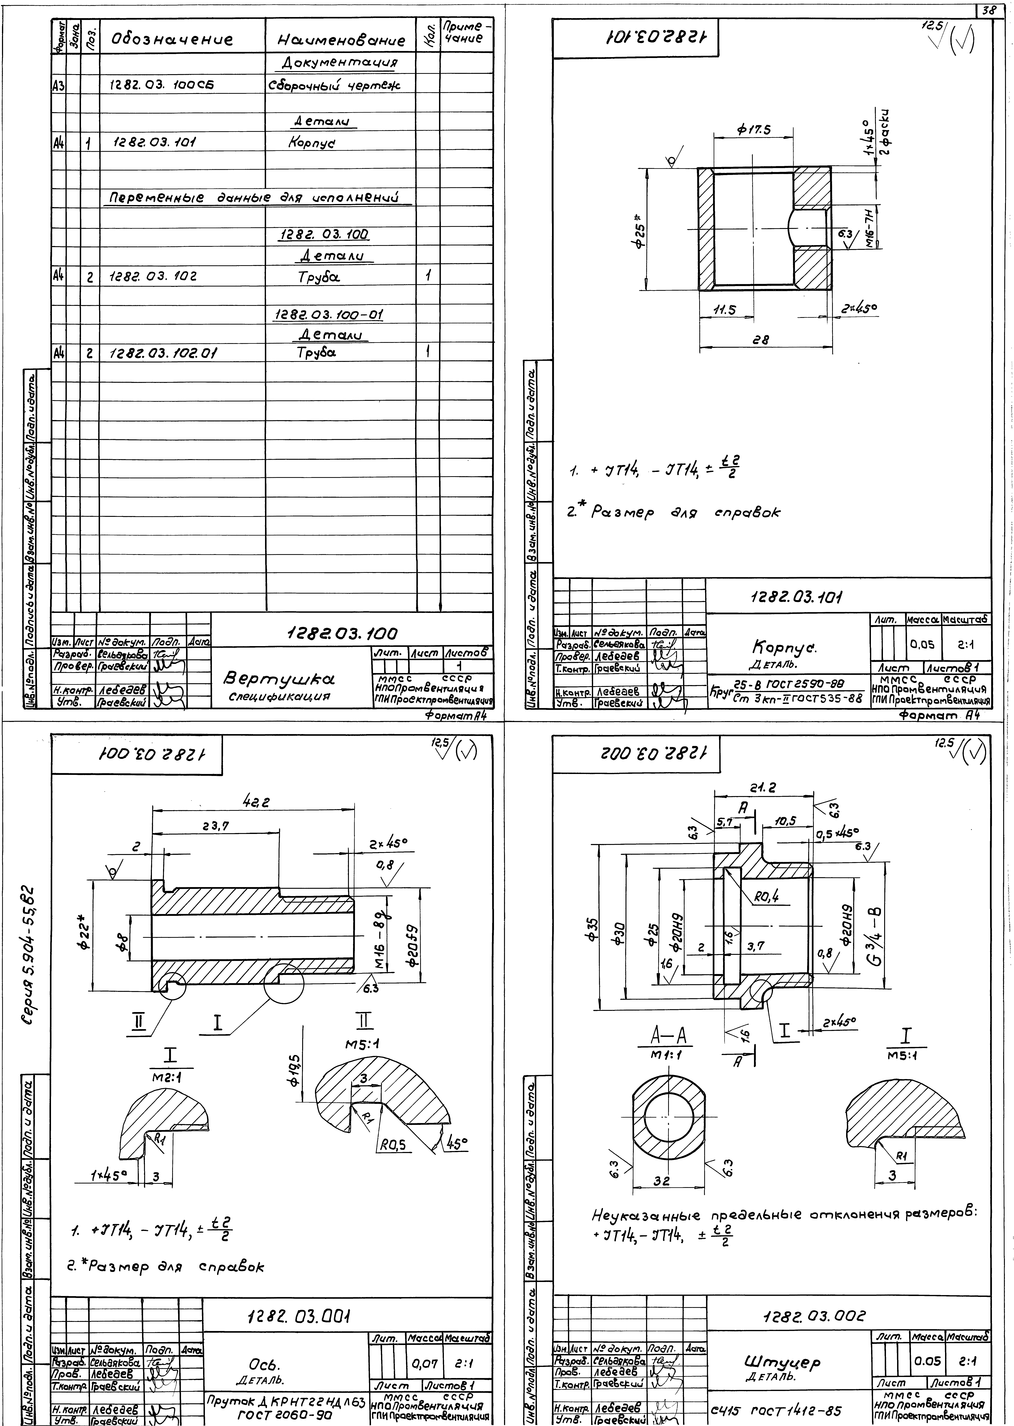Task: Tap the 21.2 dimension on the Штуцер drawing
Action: pos(763,789)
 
